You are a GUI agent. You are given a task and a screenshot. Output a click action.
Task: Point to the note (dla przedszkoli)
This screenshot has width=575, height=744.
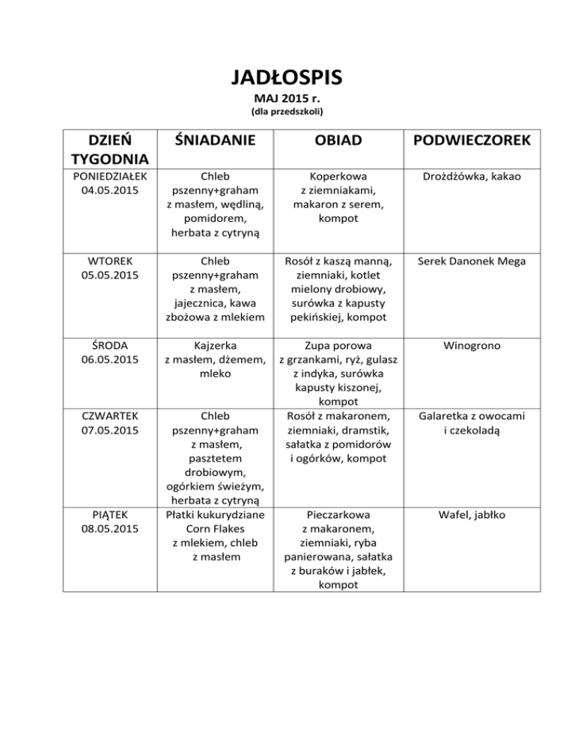[287, 113]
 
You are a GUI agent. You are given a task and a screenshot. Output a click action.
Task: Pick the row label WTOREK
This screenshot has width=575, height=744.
[109, 261]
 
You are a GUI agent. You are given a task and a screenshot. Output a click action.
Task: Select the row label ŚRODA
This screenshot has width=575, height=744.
[109, 347]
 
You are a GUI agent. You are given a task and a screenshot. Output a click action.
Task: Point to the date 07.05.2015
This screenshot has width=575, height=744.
[109, 430]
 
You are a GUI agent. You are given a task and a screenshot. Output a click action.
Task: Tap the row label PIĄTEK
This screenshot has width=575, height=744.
[109, 515]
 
